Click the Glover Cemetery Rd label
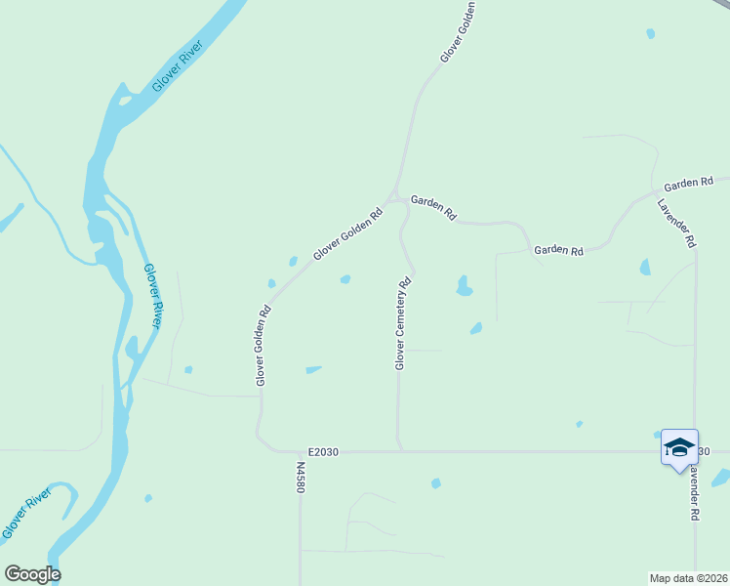pos(403,323)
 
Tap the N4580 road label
pos(299,477)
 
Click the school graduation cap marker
pos(679,447)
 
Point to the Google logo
pos(32,574)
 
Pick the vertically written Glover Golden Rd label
pos(262,346)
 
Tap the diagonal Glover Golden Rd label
pos(347,233)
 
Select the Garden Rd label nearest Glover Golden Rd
pos(433,207)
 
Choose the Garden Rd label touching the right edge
pos(689,183)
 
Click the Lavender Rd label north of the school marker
pos(675,223)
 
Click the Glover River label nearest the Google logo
pos(25,517)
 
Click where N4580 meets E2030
pos(299,452)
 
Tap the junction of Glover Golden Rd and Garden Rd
pos(395,197)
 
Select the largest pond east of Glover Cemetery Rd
pos(464,285)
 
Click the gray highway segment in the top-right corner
pos(720,6)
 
